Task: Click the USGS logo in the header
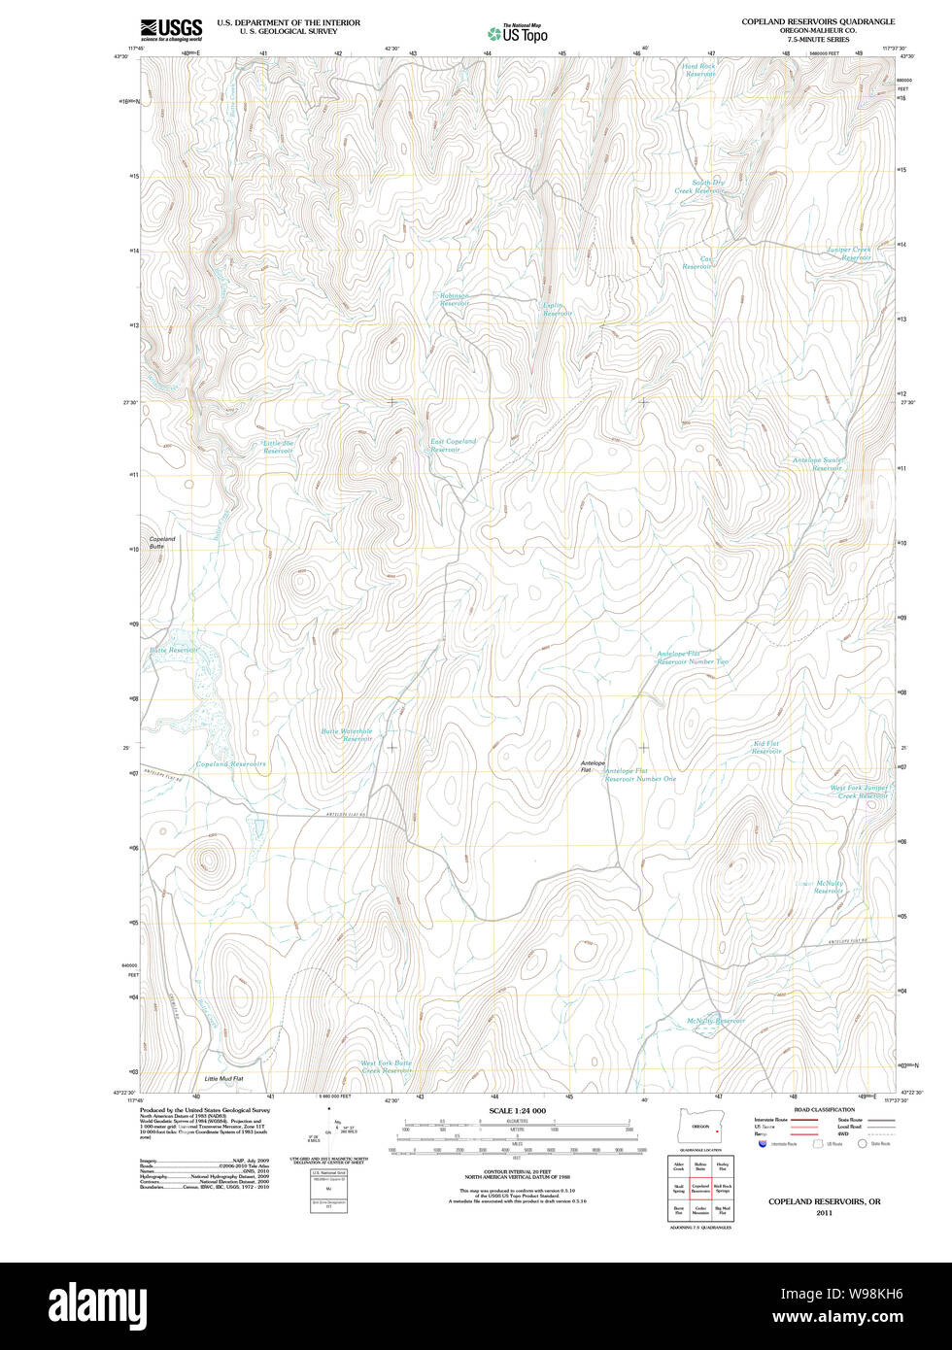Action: coord(171,28)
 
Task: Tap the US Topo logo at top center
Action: coord(518,33)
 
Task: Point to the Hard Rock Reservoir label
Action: coord(698,70)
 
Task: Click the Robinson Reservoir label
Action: coord(454,299)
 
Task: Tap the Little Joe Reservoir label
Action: coord(278,447)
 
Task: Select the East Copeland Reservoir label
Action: coord(453,445)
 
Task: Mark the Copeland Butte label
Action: coord(162,543)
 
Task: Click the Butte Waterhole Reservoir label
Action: coord(347,734)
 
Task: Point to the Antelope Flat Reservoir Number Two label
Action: coord(692,658)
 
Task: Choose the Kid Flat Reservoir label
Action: coord(766,748)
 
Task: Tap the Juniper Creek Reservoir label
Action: coord(849,253)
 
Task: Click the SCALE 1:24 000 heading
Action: coord(517,1111)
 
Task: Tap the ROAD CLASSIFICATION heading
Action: coord(824,1109)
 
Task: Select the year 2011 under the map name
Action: coord(824,1213)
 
